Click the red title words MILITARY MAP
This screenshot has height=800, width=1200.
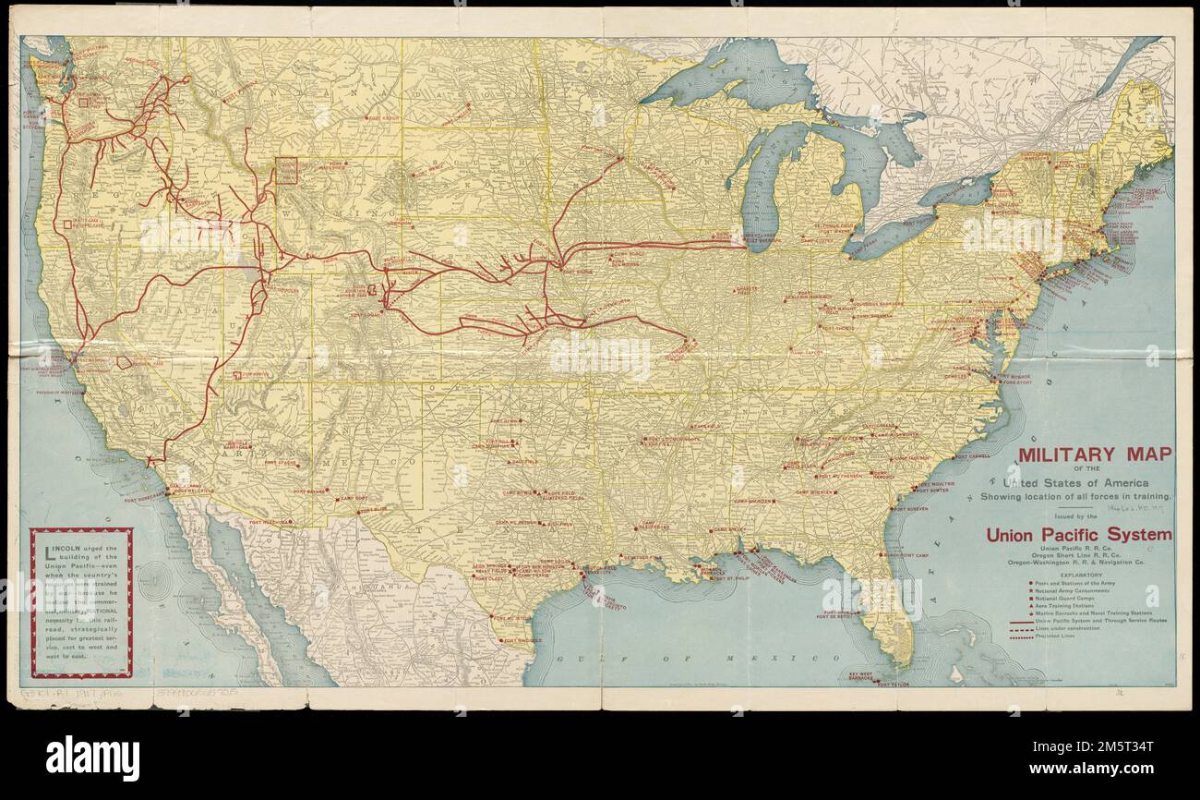(x=1094, y=454)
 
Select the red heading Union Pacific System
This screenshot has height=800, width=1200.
(x=1078, y=534)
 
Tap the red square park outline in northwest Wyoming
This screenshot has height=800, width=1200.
(x=286, y=170)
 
